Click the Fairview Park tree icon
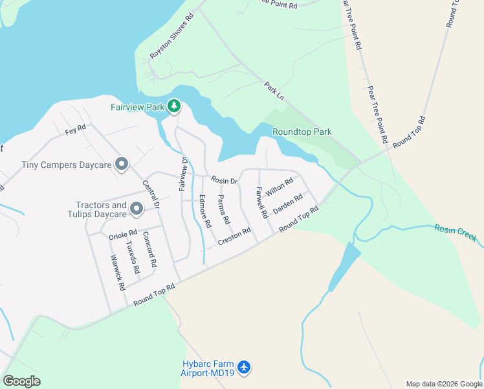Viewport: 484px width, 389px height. point(173,106)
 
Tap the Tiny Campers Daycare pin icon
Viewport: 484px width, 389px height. point(121,165)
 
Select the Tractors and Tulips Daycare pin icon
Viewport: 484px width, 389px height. point(136,209)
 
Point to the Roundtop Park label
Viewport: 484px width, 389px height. point(302,132)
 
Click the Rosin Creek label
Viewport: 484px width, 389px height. point(456,233)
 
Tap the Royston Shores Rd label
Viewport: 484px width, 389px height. point(171,37)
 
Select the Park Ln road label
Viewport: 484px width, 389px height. point(274,90)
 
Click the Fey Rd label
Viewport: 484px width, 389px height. point(76,130)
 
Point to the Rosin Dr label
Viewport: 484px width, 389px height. point(225,180)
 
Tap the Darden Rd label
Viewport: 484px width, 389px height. point(288,204)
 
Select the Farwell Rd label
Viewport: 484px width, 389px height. point(261,202)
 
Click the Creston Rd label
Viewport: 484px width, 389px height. point(234,236)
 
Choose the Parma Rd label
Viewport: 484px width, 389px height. point(224,209)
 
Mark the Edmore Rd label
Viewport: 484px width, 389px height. point(205,211)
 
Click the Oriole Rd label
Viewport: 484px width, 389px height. point(123,233)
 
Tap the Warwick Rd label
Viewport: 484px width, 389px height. point(117,272)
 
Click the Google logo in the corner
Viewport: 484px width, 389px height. point(22,381)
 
